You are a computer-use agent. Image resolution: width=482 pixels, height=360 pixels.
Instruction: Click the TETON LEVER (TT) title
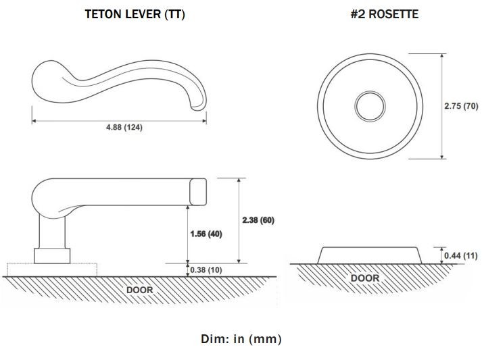click(135, 14)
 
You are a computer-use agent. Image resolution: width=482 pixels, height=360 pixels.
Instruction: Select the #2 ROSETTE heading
click(385, 14)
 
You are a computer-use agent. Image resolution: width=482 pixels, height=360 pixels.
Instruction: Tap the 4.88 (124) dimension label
click(124, 127)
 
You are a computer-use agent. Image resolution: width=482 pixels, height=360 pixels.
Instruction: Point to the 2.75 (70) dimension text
click(461, 106)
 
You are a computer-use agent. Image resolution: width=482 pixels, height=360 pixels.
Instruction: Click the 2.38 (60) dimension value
click(258, 220)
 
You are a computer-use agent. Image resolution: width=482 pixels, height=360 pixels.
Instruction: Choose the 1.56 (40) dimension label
click(206, 234)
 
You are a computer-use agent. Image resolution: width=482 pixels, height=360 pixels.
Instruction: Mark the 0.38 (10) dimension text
click(206, 270)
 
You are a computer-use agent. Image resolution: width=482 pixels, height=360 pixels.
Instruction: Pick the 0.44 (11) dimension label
click(461, 255)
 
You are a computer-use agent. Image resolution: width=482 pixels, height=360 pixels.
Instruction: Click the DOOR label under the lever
click(139, 290)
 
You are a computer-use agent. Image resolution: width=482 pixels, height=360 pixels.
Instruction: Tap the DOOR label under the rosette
click(365, 278)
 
